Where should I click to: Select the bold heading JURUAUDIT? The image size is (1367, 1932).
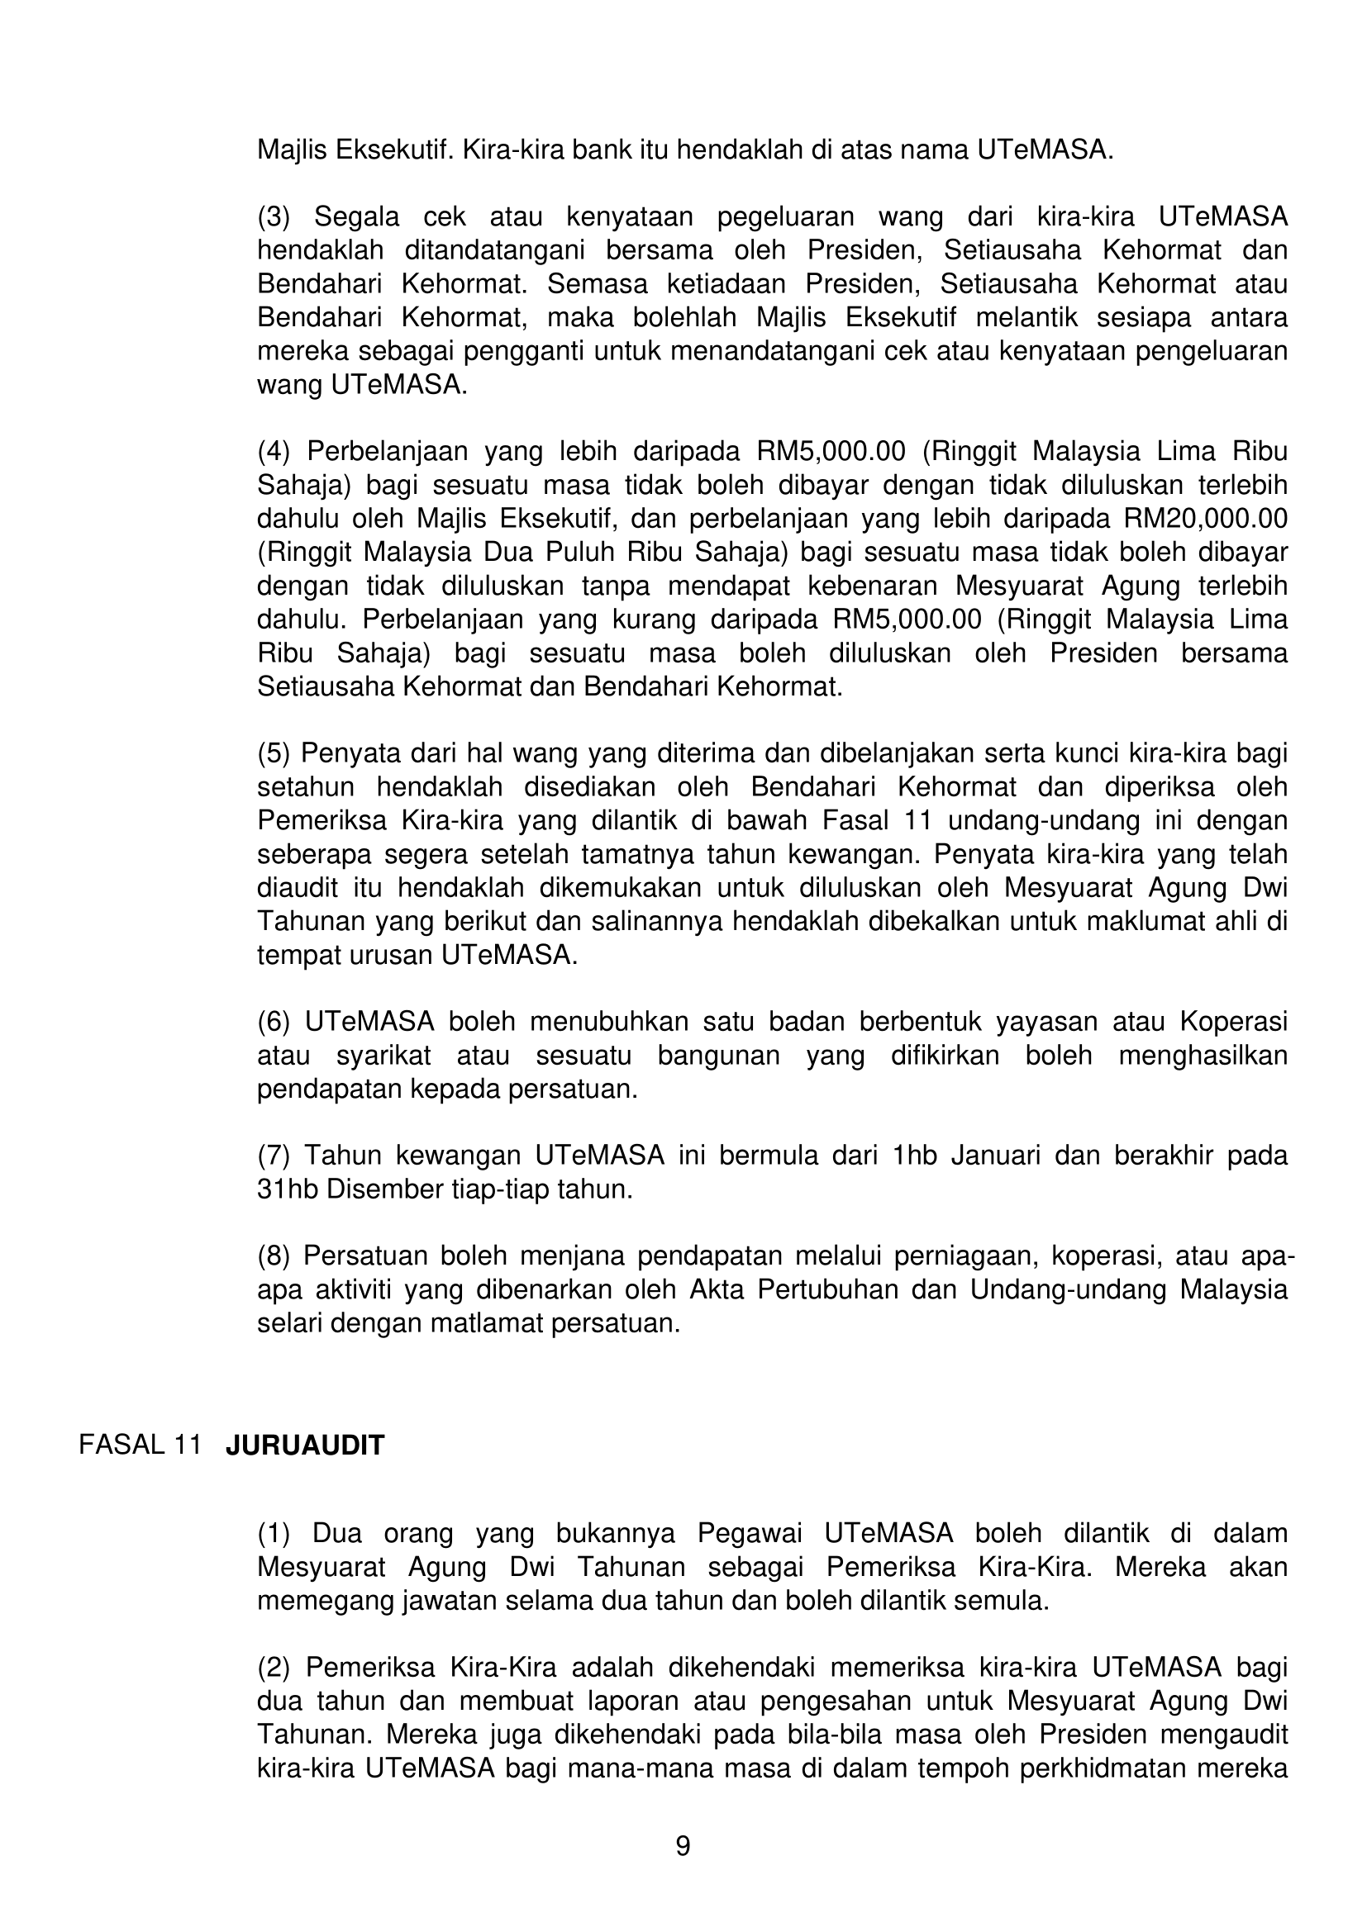tap(305, 1445)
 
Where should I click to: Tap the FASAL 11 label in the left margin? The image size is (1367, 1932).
tap(140, 1445)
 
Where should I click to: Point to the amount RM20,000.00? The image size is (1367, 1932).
tap(1205, 519)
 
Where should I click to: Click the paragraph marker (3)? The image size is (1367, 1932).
tap(274, 217)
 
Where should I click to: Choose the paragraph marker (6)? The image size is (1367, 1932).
tap(274, 1022)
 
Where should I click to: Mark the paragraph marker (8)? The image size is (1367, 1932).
tap(274, 1256)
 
